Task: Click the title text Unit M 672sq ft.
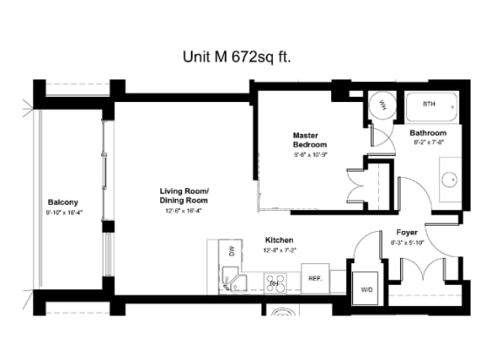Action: tap(236, 58)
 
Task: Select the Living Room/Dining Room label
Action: tap(184, 195)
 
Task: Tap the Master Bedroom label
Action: tap(309, 139)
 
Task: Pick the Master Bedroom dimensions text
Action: tap(309, 154)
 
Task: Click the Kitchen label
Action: tap(279, 240)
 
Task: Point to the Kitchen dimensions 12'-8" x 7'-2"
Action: tap(279, 251)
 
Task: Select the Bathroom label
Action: tap(429, 132)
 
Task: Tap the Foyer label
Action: tap(407, 233)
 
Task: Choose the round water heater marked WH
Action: tap(382, 105)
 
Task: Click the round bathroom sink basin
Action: tap(451, 180)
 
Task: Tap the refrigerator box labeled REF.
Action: tap(315, 280)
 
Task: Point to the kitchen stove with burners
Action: tap(275, 282)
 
